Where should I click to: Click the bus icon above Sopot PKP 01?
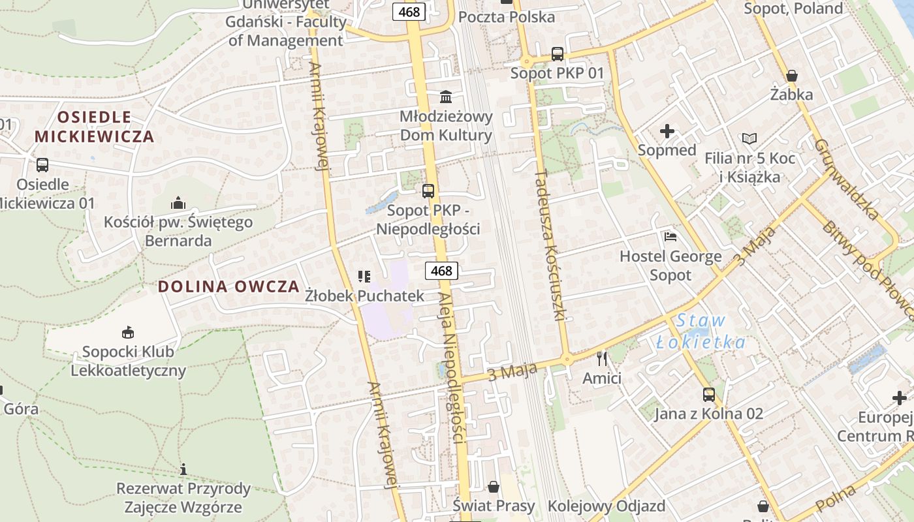tap(557, 54)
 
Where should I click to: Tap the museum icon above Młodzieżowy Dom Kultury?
tap(446, 97)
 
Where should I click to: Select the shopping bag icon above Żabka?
tap(791, 76)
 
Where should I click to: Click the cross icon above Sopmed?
tap(667, 131)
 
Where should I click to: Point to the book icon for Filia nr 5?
tap(749, 139)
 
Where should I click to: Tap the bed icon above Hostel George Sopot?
tap(670, 236)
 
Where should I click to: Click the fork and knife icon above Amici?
tap(601, 358)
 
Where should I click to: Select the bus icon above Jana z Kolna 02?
tap(709, 394)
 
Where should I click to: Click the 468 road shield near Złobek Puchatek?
tap(441, 270)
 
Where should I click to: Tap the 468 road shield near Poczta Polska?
tap(409, 11)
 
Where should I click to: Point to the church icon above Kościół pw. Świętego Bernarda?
tap(178, 203)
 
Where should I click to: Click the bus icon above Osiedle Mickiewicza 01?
tap(42, 165)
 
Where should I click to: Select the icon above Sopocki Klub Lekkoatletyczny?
tap(127, 332)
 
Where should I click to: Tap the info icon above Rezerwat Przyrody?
tap(183, 469)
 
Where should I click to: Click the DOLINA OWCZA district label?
tap(228, 286)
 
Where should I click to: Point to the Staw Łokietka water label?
tap(701, 331)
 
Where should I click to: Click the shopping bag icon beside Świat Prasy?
tap(494, 487)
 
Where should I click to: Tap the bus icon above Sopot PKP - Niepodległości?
tap(428, 191)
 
